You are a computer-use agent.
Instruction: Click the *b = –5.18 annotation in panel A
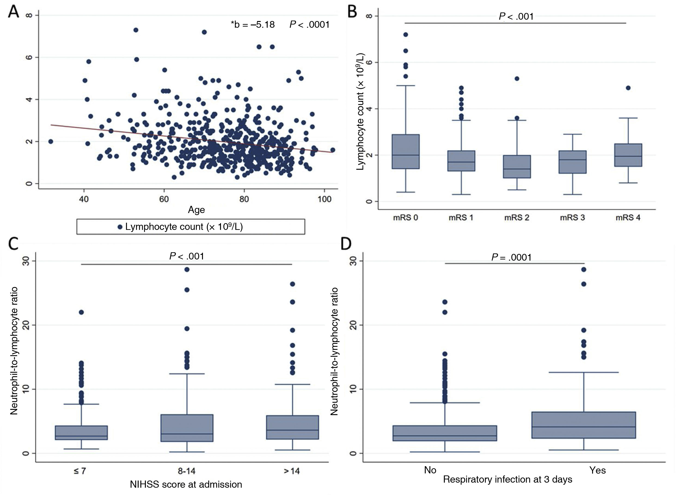point(253,25)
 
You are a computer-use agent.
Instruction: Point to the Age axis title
point(196,210)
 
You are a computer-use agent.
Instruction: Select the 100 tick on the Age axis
point(324,199)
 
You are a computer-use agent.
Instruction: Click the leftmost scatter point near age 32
point(50,141)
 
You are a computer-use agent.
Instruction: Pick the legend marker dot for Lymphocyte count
point(120,227)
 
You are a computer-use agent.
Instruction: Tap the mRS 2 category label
point(517,218)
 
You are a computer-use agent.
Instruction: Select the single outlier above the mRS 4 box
point(628,88)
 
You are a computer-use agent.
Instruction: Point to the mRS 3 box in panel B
point(572,162)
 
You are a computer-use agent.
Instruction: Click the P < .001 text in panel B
point(516,16)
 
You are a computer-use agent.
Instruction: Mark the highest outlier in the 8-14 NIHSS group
point(187,269)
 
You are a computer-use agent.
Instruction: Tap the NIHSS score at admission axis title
point(186,484)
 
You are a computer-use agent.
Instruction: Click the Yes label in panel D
point(597,470)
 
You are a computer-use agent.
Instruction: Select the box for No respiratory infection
point(445,433)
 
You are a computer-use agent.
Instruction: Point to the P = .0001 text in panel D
point(511,257)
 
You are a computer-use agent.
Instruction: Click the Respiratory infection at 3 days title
point(508,480)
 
